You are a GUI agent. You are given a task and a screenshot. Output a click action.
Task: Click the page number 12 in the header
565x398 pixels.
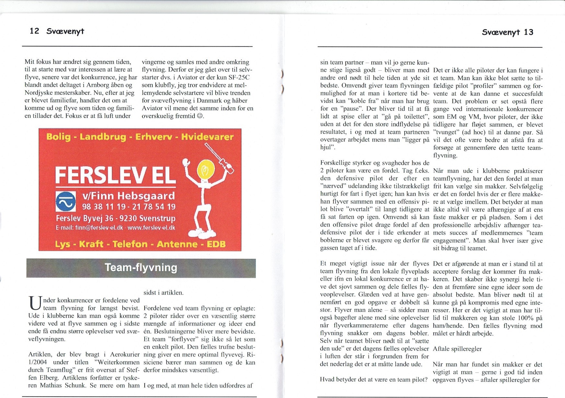click(x=34, y=31)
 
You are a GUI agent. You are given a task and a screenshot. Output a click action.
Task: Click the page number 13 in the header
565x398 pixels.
click(x=528, y=32)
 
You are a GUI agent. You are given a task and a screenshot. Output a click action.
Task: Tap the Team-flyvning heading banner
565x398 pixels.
click(x=141, y=268)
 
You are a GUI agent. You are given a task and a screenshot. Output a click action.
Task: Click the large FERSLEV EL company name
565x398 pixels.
click(x=115, y=175)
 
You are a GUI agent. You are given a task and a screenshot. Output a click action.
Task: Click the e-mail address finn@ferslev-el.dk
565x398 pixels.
click(x=99, y=228)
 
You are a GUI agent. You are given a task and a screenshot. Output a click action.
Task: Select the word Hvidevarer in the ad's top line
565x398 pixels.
click(x=207, y=137)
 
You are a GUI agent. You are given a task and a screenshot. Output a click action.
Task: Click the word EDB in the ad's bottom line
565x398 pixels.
click(x=216, y=244)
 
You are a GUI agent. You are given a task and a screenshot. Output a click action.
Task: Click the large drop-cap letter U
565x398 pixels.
click(x=35, y=304)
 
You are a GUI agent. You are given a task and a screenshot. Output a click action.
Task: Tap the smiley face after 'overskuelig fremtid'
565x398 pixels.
click(x=200, y=116)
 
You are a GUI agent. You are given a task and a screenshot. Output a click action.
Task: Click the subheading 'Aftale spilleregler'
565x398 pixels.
click(x=457, y=349)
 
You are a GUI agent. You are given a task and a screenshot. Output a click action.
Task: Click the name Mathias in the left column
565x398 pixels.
click(x=52, y=386)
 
